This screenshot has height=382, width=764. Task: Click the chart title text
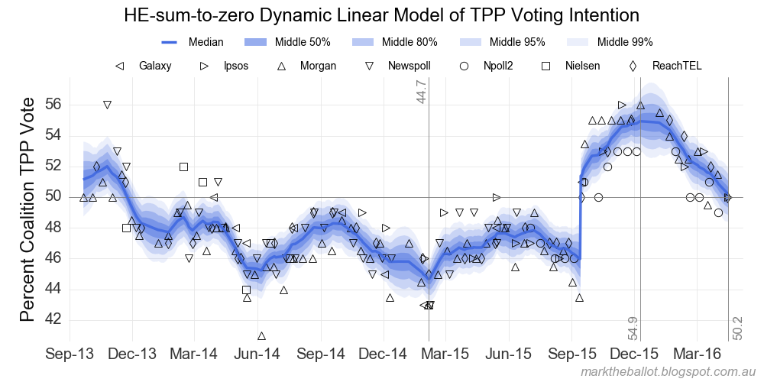[x=381, y=15]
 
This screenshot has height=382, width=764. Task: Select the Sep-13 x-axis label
[x=70, y=354]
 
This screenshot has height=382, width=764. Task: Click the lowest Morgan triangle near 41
[x=262, y=336]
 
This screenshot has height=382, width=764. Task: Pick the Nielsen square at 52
[x=183, y=167]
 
